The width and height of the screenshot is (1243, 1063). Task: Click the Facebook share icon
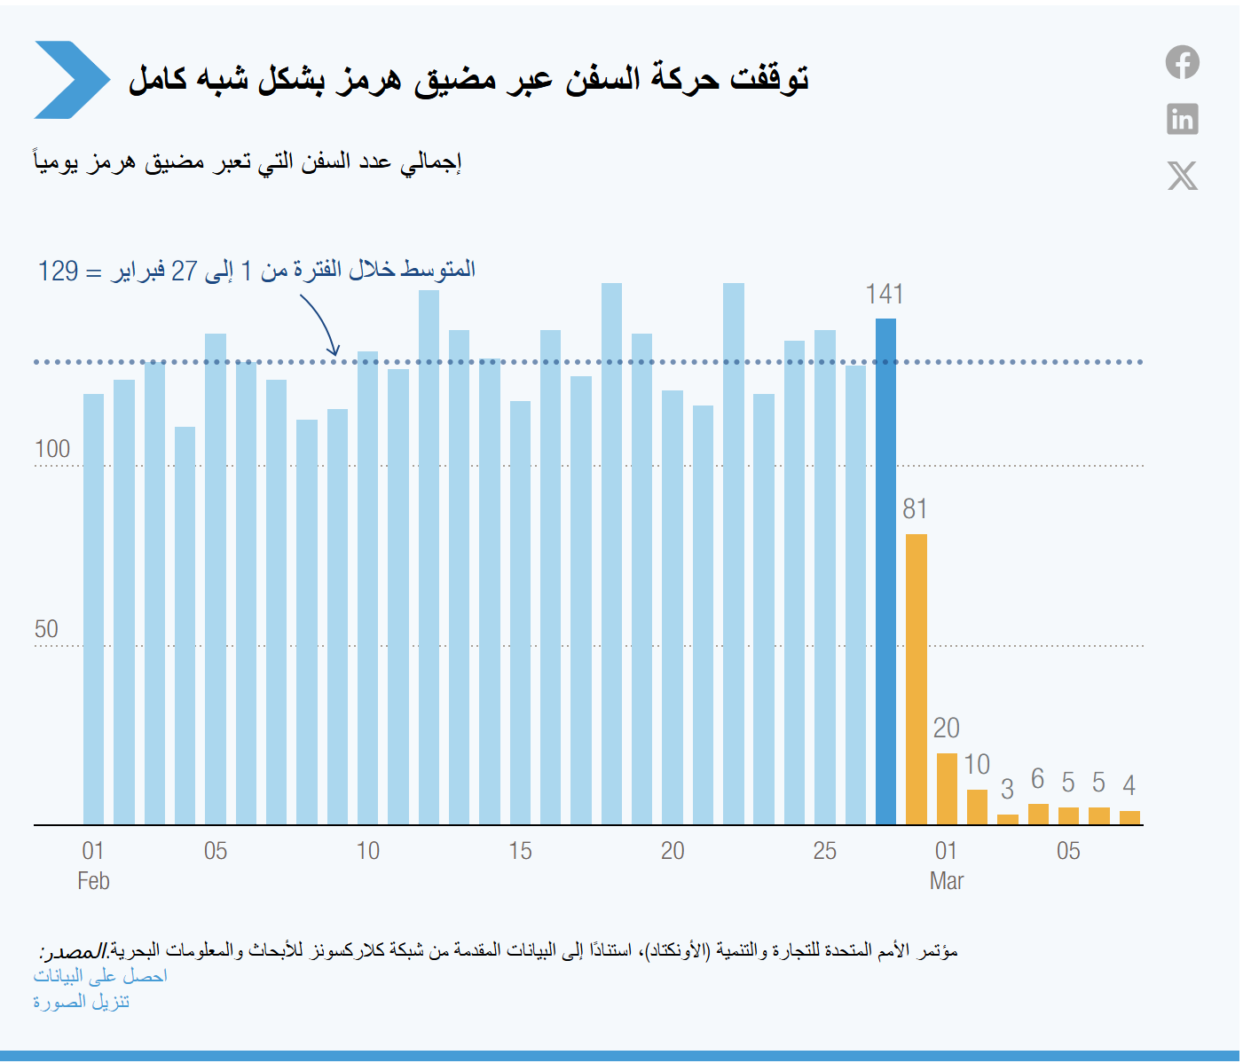(1182, 62)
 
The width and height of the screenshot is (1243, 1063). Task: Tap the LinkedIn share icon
(1182, 119)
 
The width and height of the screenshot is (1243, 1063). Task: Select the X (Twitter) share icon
(1183, 175)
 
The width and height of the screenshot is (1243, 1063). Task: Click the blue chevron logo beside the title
(72, 79)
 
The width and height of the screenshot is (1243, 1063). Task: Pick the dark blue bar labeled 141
(885, 571)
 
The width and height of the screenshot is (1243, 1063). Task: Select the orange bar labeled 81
(916, 679)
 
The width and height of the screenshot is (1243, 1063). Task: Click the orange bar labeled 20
(947, 789)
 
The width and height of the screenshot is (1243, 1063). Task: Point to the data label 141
(884, 295)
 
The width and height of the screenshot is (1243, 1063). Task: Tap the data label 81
(915, 509)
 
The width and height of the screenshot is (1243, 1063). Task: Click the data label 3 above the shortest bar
(1007, 789)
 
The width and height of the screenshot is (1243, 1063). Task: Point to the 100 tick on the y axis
(52, 449)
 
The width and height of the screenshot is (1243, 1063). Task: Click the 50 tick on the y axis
(46, 628)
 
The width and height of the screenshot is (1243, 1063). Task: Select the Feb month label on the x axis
(93, 881)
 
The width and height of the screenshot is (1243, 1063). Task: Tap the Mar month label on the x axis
(946, 881)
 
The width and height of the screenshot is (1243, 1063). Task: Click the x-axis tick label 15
(520, 851)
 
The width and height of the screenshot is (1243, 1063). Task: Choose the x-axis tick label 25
(824, 851)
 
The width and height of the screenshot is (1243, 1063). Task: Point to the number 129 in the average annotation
(58, 272)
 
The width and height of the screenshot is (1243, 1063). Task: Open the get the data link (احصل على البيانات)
(100, 976)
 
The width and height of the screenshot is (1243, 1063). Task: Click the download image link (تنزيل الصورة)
(82, 1002)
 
